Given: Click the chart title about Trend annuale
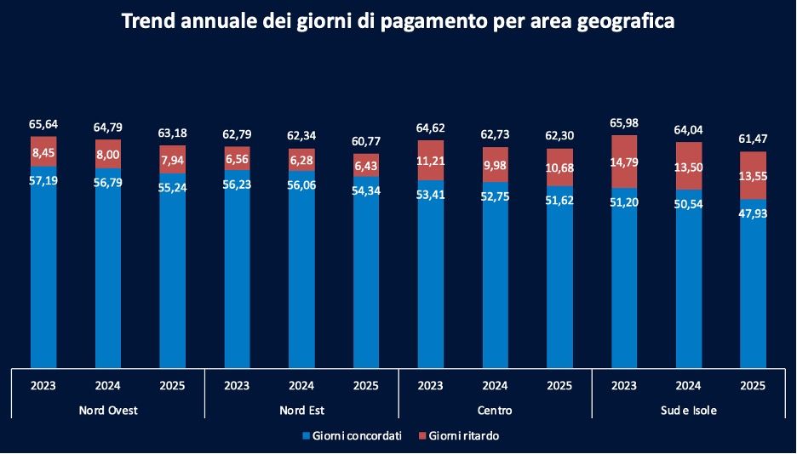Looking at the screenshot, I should (398, 21).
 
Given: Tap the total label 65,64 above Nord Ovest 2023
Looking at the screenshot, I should (43, 124).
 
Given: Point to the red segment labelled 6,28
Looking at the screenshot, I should (301, 161).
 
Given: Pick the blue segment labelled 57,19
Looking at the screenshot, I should (43, 264).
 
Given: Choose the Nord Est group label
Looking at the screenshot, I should (301, 411).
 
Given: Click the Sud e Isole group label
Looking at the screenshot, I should (689, 411).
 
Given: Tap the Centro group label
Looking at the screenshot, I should (496, 411).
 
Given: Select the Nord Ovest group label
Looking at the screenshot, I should (107, 411).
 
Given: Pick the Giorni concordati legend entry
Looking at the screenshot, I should (352, 436).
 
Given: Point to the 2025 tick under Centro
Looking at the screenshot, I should (559, 385).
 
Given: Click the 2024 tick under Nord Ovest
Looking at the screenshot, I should (107, 385).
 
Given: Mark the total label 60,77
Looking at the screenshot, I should (366, 141).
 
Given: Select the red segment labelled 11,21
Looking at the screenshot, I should (431, 160).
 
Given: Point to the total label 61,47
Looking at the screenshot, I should (754, 139).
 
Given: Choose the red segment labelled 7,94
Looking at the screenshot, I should (173, 160).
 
